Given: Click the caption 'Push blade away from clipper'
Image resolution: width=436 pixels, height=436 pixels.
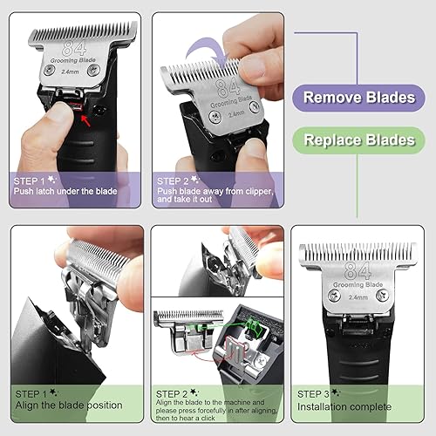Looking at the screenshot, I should coord(215,190).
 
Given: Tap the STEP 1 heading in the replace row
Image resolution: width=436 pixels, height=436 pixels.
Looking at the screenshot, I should coord(35,393).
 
